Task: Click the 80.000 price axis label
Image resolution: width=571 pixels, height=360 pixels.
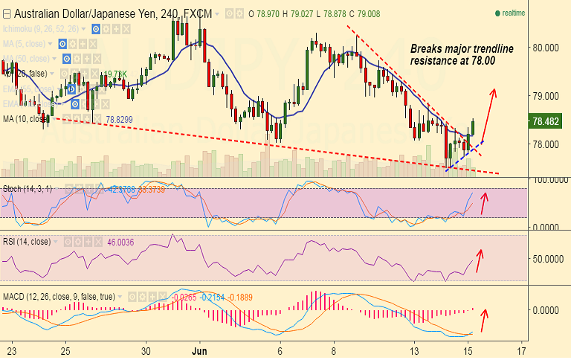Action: [546, 47]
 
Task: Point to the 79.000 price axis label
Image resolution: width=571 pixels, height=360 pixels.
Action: [546, 96]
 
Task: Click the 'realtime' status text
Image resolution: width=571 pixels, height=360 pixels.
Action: [513, 13]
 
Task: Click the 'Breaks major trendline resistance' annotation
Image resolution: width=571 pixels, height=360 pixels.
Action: [462, 54]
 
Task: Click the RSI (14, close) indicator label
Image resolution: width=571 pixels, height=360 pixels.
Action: [28, 242]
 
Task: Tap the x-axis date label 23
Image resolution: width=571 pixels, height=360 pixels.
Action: [11, 350]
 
